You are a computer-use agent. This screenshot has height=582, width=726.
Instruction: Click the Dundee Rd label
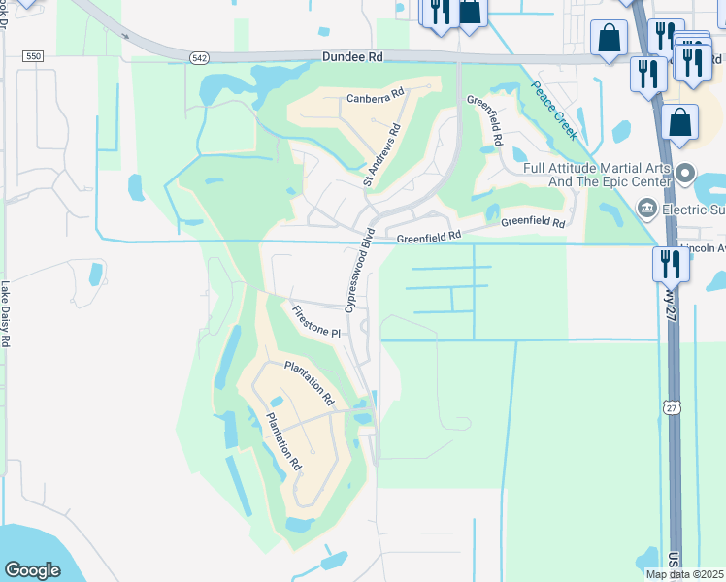pyautogui.click(x=353, y=58)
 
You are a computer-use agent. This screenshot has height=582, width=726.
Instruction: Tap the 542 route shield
pyautogui.click(x=199, y=58)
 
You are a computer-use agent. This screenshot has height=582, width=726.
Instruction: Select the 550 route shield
pyautogui.click(x=34, y=57)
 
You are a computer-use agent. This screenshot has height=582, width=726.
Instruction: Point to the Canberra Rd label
pyautogui.click(x=375, y=98)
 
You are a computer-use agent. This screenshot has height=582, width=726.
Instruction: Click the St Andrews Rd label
pyautogui.click(x=382, y=154)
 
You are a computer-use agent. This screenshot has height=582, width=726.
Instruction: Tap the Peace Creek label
pyautogui.click(x=554, y=110)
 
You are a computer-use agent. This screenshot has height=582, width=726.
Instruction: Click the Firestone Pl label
pyautogui.click(x=316, y=320)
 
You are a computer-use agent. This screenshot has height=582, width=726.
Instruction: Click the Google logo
pyautogui.click(x=33, y=570)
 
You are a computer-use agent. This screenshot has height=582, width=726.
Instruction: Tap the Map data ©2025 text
pyautogui.click(x=685, y=574)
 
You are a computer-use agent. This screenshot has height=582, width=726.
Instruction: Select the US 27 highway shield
pyautogui.click(x=672, y=408)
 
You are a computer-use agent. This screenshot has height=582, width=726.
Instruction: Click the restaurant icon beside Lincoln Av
pyautogui.click(x=671, y=263)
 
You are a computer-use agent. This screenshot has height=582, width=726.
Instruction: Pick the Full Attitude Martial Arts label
pyautogui.click(x=597, y=175)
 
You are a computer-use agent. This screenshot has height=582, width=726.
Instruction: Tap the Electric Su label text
pyautogui.click(x=693, y=209)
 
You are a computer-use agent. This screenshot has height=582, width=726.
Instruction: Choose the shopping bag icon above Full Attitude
pyautogui.click(x=680, y=123)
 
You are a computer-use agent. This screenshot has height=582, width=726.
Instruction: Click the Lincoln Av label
pyautogui.click(x=703, y=248)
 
